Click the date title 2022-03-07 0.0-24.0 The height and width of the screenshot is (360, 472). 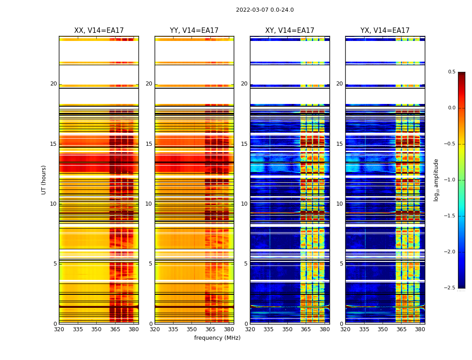(265, 10)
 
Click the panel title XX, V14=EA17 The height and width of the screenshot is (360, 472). (99, 31)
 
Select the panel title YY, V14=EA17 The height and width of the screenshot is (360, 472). (194, 31)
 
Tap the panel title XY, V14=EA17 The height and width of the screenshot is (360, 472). (289, 31)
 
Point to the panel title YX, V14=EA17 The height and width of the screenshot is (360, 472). (385, 31)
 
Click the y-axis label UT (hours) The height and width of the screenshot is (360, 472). (44, 180)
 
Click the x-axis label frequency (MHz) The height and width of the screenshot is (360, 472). (217, 338)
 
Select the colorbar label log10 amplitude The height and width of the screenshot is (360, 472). (436, 180)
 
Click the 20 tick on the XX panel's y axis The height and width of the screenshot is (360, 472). (53, 84)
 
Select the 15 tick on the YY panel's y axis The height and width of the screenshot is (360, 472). (149, 144)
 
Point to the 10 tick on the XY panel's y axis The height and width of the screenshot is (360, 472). (244, 204)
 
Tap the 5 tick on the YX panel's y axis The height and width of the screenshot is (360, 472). (341, 264)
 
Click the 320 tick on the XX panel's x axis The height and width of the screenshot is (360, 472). (59, 329)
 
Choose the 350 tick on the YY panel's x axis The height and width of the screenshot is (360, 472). (192, 329)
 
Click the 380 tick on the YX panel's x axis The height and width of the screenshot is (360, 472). (420, 329)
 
